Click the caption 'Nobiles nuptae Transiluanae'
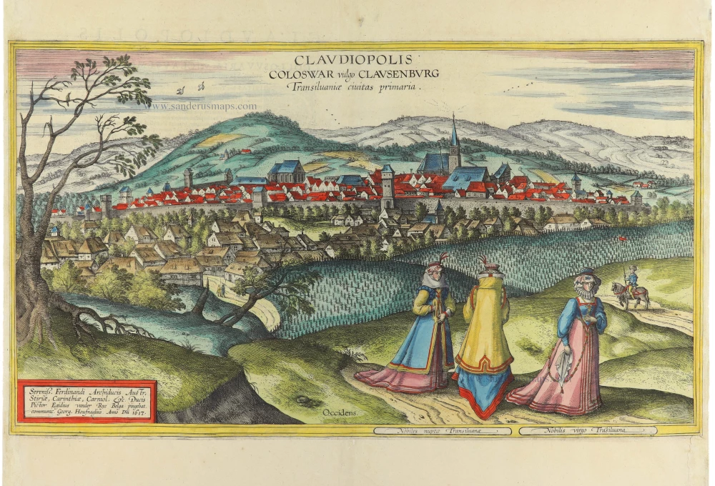[x=442, y=431]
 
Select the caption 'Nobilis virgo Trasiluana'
[x=588, y=431]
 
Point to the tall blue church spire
[x=454, y=136]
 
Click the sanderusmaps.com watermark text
[x=204, y=106]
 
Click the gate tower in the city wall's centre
[x=387, y=184]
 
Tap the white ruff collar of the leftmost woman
[x=435, y=280]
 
